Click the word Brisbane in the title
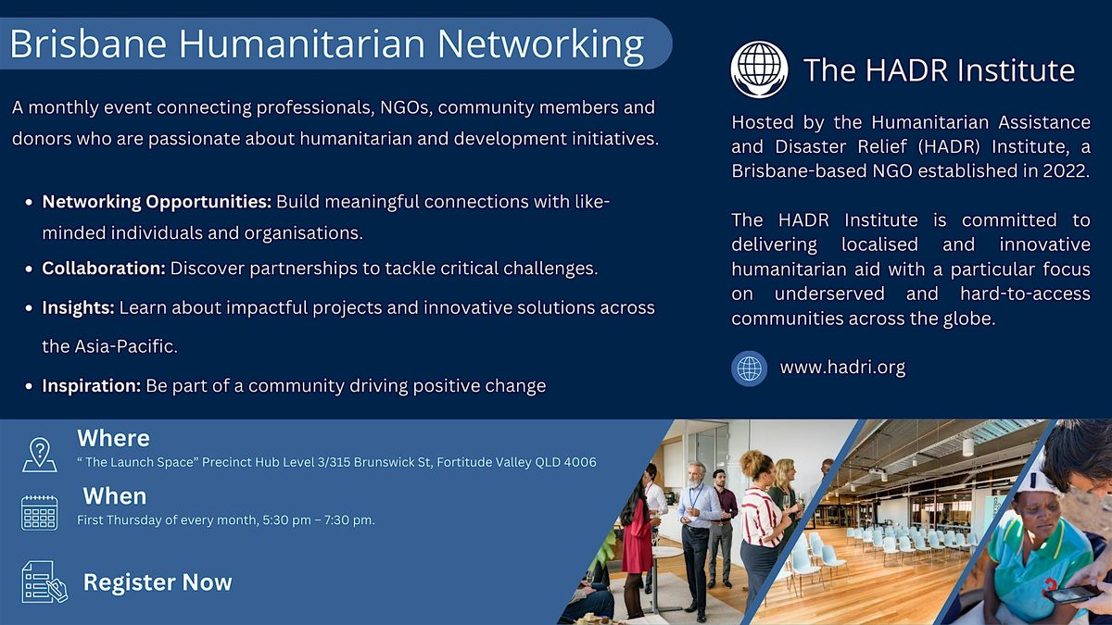(88, 44)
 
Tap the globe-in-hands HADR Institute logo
(759, 69)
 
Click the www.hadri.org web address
(842, 368)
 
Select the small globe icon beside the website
(749, 369)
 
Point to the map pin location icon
(40, 455)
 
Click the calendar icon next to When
(40, 513)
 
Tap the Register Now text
(158, 582)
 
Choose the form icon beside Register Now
(44, 581)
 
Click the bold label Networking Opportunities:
(157, 202)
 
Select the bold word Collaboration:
(104, 269)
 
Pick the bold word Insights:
(79, 308)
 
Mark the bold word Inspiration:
(92, 386)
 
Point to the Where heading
(114, 439)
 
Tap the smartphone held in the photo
(1071, 594)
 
